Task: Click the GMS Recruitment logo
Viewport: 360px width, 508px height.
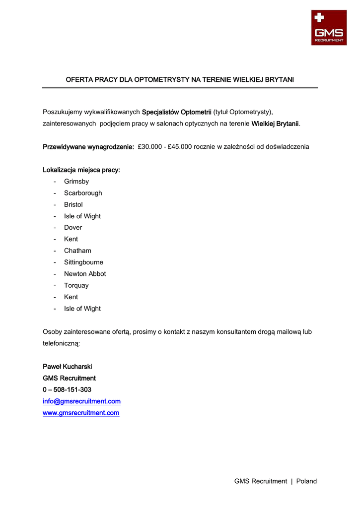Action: coord(329,28)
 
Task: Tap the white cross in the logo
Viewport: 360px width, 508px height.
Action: coord(319,18)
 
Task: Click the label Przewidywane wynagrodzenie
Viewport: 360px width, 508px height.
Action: coord(88,147)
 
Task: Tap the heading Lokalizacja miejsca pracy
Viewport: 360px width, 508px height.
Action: coord(81,170)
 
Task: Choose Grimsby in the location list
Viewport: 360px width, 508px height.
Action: coord(76,182)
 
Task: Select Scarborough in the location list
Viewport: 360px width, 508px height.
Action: coord(83,193)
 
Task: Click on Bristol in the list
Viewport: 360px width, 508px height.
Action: coord(73,204)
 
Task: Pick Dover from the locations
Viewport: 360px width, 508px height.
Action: coord(73,228)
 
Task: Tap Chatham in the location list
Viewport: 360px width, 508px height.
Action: coord(77,251)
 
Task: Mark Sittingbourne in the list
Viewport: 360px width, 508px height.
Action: coord(83,262)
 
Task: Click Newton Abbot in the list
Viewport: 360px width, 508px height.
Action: coord(85,274)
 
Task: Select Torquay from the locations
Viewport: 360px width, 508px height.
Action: coord(76,285)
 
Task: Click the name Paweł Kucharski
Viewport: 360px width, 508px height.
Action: coord(68,367)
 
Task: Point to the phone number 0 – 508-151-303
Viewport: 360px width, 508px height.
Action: coord(67,390)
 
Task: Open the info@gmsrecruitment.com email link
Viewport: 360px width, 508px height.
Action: coord(81,401)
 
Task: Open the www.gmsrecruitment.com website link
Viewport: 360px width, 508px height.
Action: coord(81,413)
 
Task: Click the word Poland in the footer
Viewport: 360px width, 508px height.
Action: coord(306,481)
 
